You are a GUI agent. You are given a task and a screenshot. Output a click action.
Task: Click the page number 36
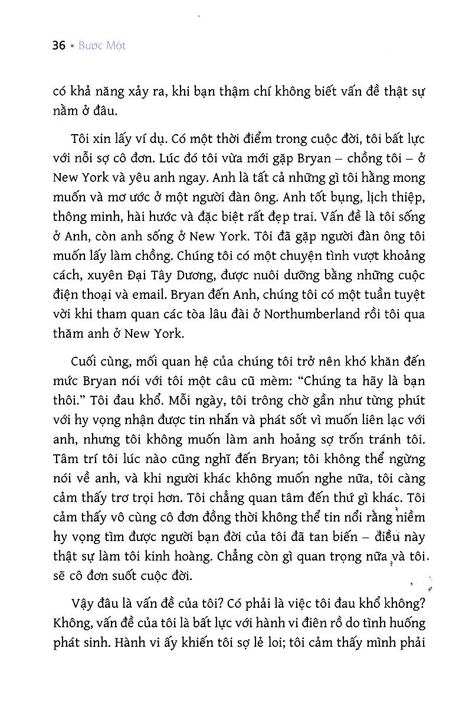pyautogui.click(x=58, y=45)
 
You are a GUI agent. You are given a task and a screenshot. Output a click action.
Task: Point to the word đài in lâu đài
pyautogui.click(x=228, y=314)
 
